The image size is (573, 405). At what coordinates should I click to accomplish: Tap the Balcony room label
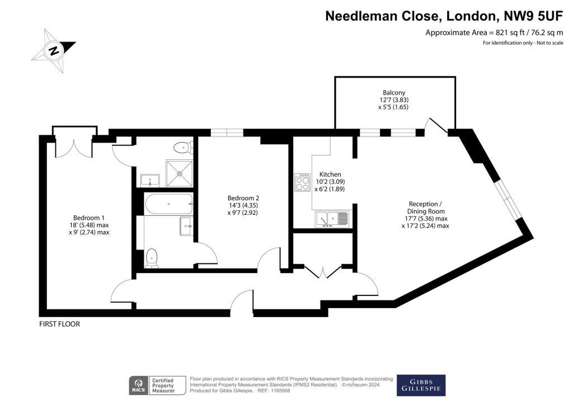click(393, 93)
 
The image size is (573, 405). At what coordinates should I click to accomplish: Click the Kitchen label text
click(330, 175)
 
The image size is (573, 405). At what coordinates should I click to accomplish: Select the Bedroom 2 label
click(243, 198)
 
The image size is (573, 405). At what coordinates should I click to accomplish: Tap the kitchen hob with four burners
click(303, 182)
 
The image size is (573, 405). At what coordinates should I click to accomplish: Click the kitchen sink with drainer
click(332, 219)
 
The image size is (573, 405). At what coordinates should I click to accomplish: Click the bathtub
click(168, 204)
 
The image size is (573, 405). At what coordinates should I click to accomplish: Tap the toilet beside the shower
click(184, 148)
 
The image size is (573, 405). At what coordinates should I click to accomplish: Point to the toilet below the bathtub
click(152, 258)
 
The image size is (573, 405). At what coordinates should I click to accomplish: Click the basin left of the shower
click(150, 180)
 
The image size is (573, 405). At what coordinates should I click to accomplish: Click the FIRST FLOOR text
click(59, 324)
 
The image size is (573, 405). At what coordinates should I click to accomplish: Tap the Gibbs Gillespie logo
click(421, 385)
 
